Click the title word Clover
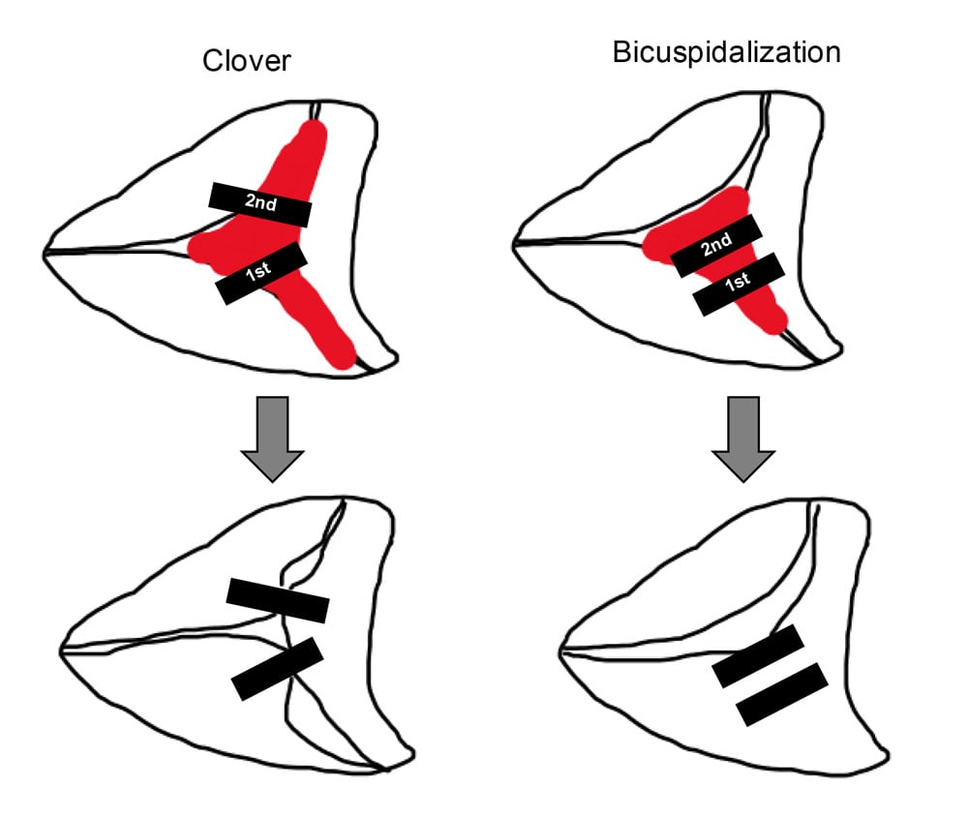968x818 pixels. pos(247,61)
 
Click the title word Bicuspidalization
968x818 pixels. pos(727,52)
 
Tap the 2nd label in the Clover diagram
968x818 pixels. pos(259,202)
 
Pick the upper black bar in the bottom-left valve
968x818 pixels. pos(278,600)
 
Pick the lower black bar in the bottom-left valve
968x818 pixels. pos(277,669)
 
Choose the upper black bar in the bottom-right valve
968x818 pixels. pos(758,656)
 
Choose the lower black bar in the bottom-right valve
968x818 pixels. pos(782,694)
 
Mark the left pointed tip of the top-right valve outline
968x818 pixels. pos(513,243)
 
